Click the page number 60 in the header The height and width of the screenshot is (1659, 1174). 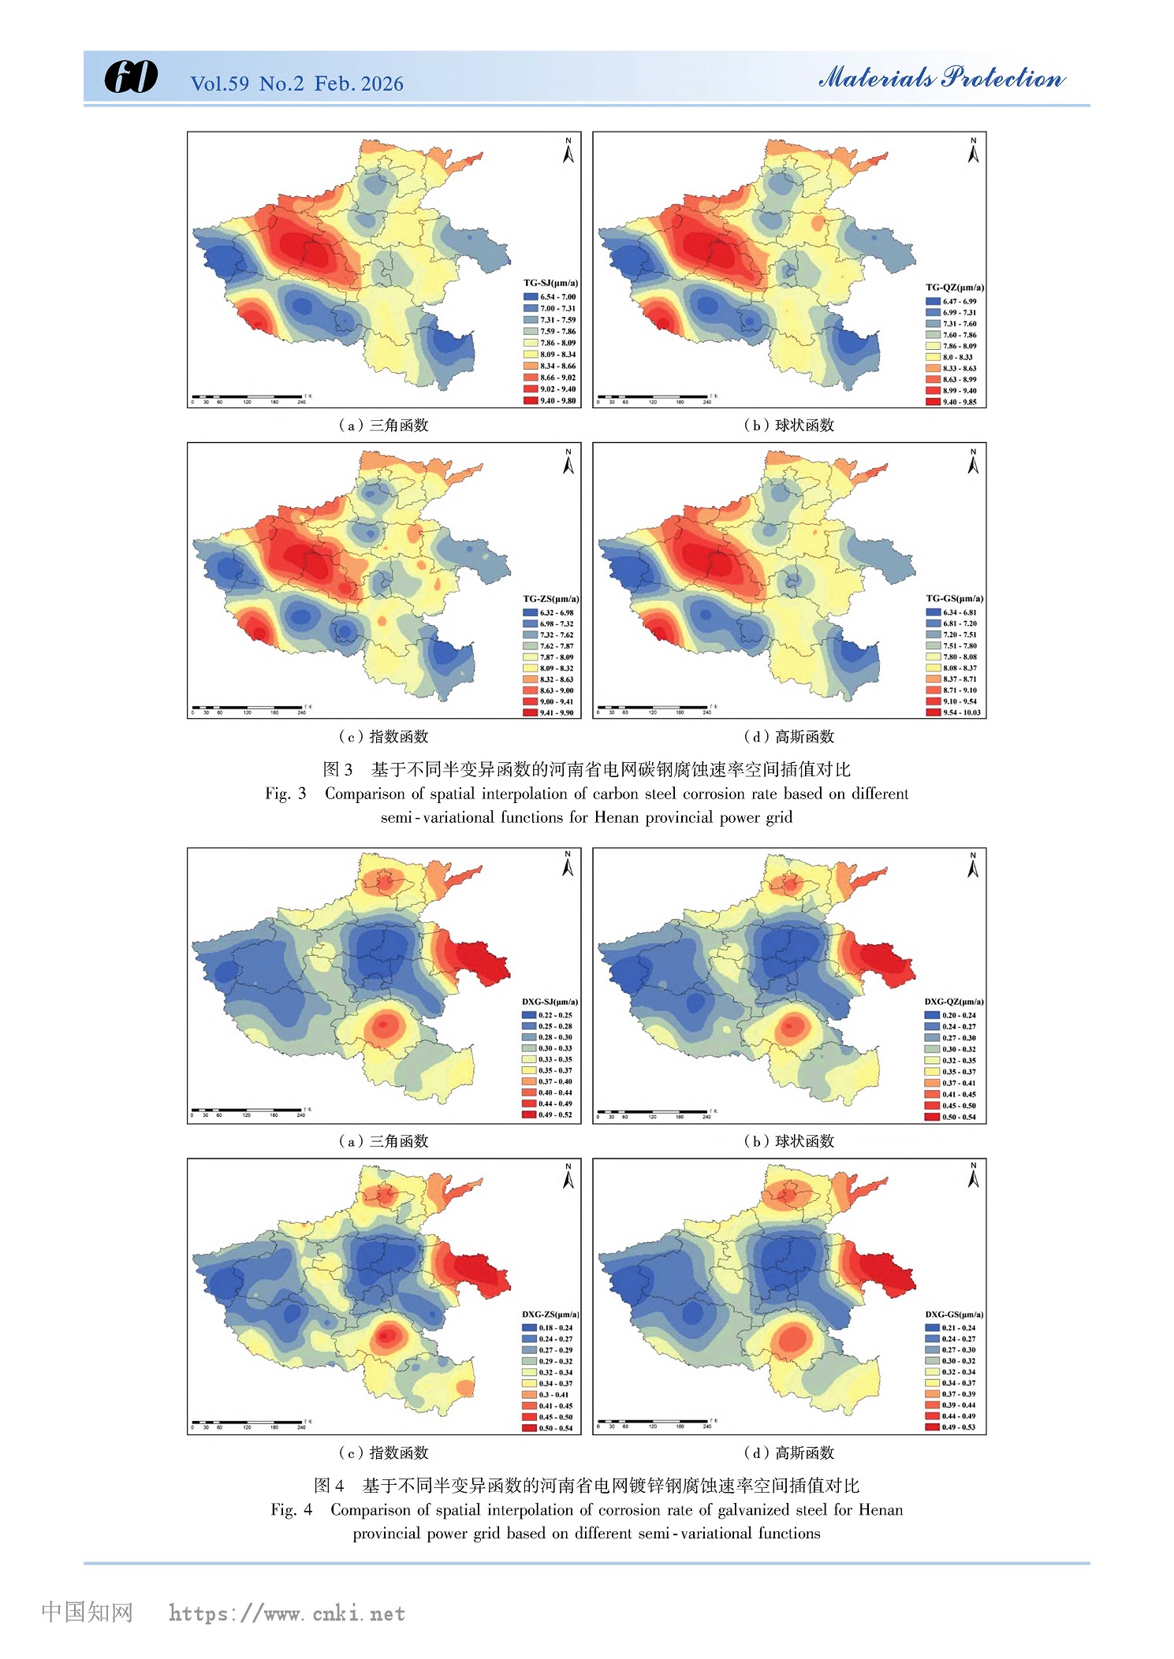click(130, 77)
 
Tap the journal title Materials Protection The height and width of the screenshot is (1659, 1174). click(941, 77)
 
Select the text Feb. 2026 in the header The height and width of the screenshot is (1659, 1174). click(359, 84)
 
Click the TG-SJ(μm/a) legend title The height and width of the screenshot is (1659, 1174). click(550, 283)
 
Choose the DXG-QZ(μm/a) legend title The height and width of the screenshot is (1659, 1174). click(954, 1002)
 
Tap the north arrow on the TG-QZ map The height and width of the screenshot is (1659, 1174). click(973, 151)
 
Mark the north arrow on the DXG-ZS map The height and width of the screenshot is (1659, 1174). click(568, 1177)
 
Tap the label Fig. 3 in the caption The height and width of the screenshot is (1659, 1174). click(285, 794)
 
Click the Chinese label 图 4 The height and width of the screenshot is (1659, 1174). click(329, 1486)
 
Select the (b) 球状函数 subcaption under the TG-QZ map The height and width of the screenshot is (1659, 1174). click(788, 426)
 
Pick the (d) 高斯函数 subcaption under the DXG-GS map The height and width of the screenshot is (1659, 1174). click(788, 1453)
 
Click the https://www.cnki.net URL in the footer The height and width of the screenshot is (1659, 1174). click(287, 1613)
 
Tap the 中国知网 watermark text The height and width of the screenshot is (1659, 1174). click(87, 1612)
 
